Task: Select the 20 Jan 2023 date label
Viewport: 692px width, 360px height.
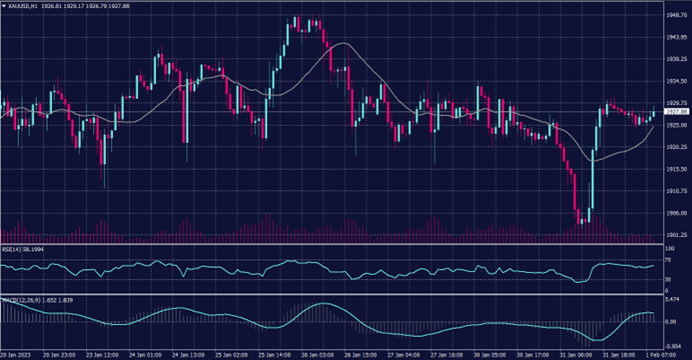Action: click(18, 354)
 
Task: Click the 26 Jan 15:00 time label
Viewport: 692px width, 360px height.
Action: click(362, 354)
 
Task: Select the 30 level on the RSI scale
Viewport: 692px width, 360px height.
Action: click(668, 278)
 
